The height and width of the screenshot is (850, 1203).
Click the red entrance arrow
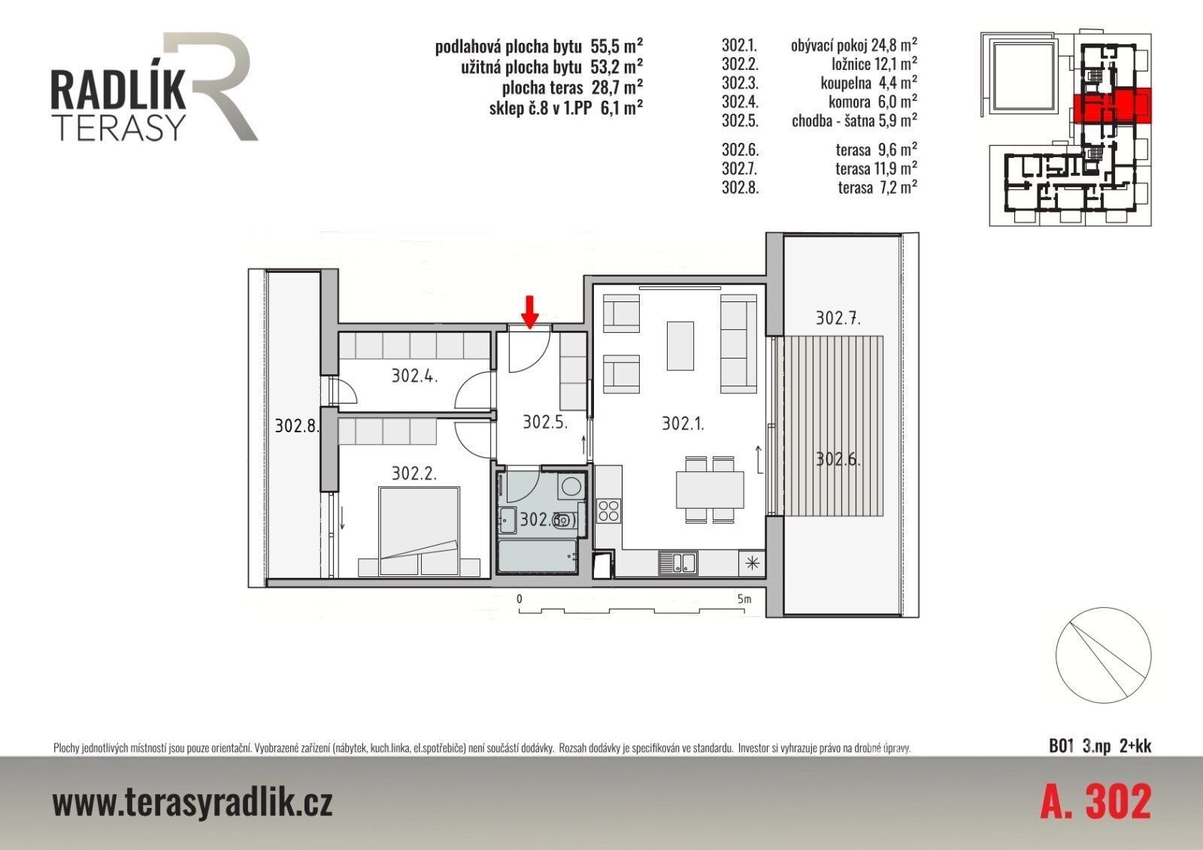coord(530,312)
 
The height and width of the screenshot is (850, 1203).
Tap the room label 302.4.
coord(414,375)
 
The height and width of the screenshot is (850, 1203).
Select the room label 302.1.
coord(683,424)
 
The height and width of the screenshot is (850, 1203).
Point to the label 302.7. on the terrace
coord(838,318)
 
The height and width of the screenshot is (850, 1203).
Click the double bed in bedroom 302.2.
coord(419,531)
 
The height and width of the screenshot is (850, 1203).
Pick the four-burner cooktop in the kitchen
coord(608,510)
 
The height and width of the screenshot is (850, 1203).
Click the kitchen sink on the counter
coord(677,563)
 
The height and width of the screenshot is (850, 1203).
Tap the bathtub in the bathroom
coord(538,555)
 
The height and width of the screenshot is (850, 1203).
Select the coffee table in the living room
coord(680,346)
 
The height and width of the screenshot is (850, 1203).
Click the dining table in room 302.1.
coord(710,489)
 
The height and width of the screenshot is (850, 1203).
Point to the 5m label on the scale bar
coord(744,599)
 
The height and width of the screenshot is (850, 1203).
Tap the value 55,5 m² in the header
coord(617,46)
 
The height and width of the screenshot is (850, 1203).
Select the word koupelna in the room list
coord(845,83)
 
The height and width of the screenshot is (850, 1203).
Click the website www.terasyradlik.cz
coord(192,803)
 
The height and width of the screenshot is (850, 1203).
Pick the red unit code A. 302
coord(1095,802)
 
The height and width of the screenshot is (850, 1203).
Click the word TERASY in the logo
coord(121,127)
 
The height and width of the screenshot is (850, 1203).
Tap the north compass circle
coord(1103,655)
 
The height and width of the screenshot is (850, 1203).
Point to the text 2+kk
coord(1135,746)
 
